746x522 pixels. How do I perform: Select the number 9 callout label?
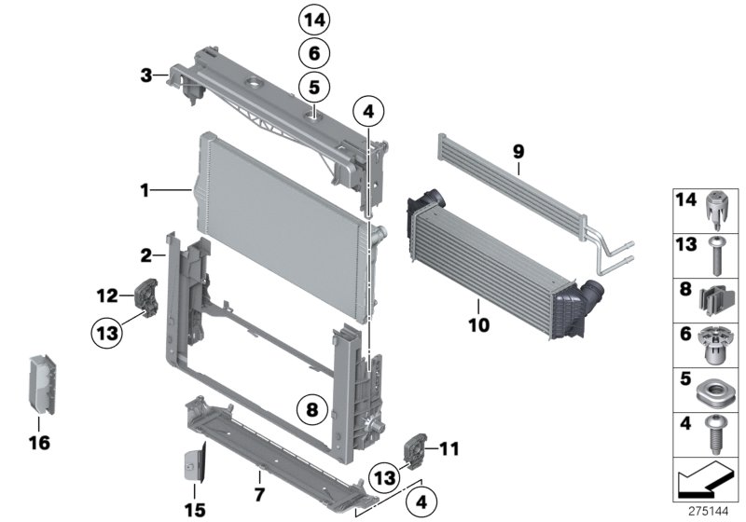[x=518, y=149]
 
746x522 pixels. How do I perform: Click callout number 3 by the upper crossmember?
[x=145, y=74]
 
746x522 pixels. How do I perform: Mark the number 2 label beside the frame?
[x=145, y=254]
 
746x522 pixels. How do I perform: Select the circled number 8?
[x=312, y=407]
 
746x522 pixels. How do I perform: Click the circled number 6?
[x=314, y=53]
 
